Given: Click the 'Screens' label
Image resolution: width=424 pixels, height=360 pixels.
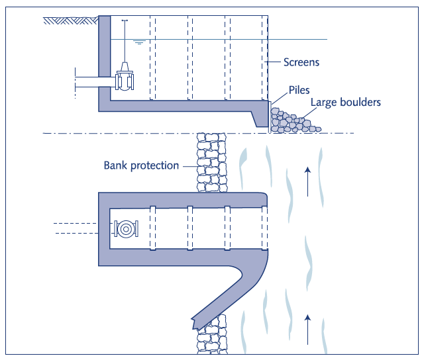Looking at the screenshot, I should pos(301,63).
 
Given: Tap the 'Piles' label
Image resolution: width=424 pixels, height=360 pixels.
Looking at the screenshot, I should pos(299,90).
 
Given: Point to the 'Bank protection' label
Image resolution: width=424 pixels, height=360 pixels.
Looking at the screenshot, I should pos(141,165).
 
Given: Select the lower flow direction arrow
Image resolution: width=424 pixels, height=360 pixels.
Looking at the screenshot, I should pos(307,329).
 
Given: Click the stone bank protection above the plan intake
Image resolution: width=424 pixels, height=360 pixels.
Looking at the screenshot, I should pos(210,162).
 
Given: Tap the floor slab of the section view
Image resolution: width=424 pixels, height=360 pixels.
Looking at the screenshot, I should pos(185,106).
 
